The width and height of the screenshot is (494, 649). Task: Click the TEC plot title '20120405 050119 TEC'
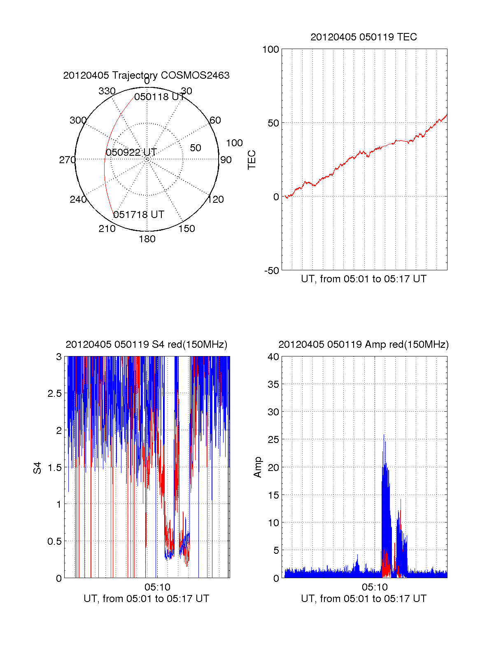[x=364, y=37]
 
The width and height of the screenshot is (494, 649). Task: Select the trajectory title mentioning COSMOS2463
[x=146, y=75]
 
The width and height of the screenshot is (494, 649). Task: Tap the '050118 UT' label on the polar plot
[x=159, y=97]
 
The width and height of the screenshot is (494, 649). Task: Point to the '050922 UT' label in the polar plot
[x=131, y=152]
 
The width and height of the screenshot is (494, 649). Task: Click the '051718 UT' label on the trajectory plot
[x=139, y=215]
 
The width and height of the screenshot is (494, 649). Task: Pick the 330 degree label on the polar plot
[x=107, y=91]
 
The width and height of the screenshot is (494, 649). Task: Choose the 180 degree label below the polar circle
[x=147, y=239]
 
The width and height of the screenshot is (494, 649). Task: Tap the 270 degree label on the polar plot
[x=67, y=160]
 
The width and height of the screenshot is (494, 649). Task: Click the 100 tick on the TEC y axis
[x=270, y=49]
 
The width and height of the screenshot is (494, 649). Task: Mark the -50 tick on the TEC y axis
[x=272, y=271]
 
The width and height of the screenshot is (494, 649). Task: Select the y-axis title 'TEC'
[x=252, y=159]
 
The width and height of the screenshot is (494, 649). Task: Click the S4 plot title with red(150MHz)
[x=146, y=344]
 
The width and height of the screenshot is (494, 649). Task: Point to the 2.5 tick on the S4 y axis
[x=54, y=394]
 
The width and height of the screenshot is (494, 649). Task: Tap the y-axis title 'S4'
[x=37, y=468]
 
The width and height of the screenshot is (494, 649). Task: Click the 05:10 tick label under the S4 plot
[x=157, y=587]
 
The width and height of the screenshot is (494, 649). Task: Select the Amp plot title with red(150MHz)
[x=364, y=344]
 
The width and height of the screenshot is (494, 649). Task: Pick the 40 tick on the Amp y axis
[x=273, y=357]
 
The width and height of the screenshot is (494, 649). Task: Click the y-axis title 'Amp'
[x=258, y=467]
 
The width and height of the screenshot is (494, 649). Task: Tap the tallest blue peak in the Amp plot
[x=384, y=435]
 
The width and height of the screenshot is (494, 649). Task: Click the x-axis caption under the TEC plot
[x=364, y=279]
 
